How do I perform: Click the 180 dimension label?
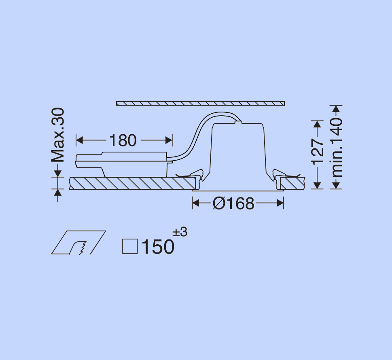pyautogui.click(x=123, y=140)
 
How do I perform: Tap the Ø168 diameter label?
pyautogui.click(x=233, y=203)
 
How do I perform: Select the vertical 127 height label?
pyautogui.click(x=318, y=152)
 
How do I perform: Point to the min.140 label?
pyautogui.click(x=337, y=147)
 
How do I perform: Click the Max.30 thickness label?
pyautogui.click(x=58, y=135)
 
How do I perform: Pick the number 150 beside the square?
pyautogui.click(x=158, y=247)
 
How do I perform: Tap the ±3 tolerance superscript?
pyautogui.click(x=180, y=232)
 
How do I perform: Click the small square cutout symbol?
pyautogui.click(x=130, y=246)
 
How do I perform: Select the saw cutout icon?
pyautogui.click(x=78, y=243)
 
